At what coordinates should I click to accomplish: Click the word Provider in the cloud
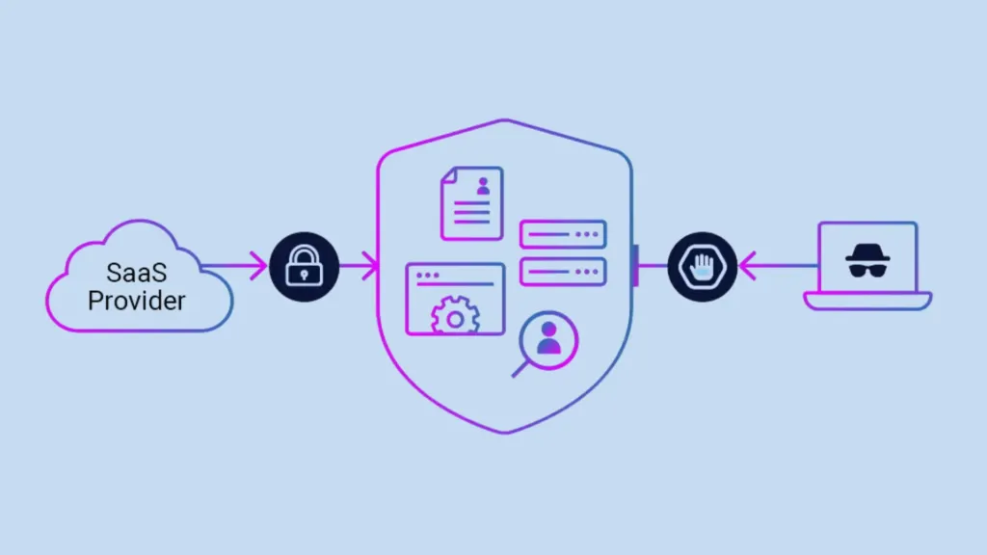click(x=137, y=300)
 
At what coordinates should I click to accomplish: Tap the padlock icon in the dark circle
click(x=305, y=267)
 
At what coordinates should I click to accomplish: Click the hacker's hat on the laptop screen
click(x=867, y=252)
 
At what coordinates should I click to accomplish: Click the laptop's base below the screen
click(x=867, y=302)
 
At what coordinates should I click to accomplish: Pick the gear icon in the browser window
click(x=455, y=316)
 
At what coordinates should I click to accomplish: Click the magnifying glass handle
click(x=520, y=368)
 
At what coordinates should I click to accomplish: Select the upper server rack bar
click(x=563, y=234)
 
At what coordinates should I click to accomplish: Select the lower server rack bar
click(x=563, y=272)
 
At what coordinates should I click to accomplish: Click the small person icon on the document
click(x=483, y=187)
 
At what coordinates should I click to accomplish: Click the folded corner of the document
click(x=449, y=176)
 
